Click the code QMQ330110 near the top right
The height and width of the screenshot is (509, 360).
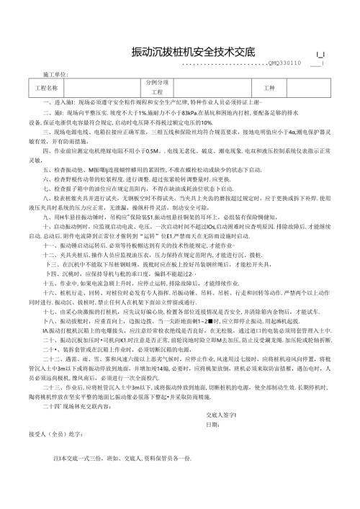[284, 63]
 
